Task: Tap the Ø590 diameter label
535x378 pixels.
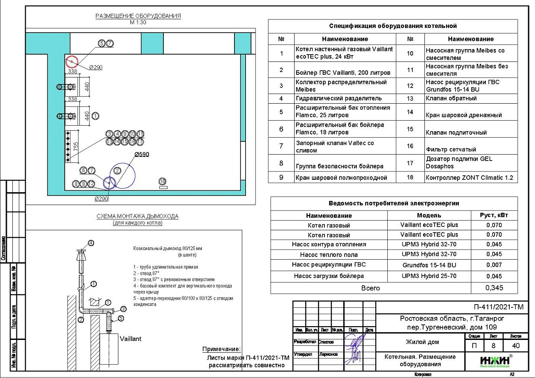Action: click(x=142, y=155)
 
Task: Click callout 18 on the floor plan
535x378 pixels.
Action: click(x=162, y=182)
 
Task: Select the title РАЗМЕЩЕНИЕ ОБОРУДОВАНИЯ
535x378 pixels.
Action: click(x=138, y=16)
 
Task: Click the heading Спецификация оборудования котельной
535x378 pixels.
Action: click(x=393, y=26)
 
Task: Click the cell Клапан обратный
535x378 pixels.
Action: click(x=451, y=98)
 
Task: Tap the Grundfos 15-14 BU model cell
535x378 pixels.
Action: click(x=429, y=265)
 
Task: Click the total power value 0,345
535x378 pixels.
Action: click(x=494, y=288)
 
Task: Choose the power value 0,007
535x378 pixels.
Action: click(x=494, y=265)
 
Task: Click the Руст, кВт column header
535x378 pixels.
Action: click(x=494, y=215)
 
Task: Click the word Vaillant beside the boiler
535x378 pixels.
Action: click(x=130, y=339)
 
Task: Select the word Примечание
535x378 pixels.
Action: click(x=222, y=349)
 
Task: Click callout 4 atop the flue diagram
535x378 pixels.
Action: click(x=91, y=243)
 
